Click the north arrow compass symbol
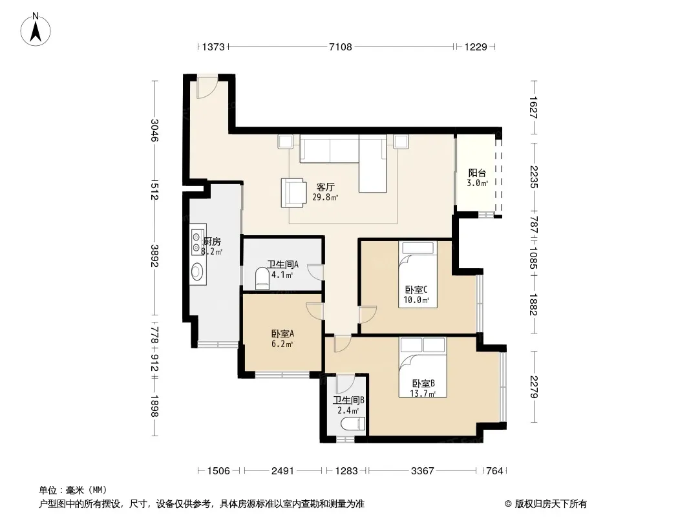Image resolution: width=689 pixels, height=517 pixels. [36, 30]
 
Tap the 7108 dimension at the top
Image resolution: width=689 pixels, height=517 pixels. [341, 47]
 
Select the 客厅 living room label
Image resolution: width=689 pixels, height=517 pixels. [325, 187]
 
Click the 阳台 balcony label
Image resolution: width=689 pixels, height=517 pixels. [477, 173]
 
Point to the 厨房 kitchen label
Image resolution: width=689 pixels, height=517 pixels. [212, 241]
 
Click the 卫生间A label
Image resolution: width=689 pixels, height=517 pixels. [283, 264]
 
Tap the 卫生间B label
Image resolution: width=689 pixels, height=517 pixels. [348, 400]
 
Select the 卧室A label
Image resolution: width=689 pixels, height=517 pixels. [282, 333]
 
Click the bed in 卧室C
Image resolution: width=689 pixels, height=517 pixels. [418, 274]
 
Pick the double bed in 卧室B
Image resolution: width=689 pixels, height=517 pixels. [423, 367]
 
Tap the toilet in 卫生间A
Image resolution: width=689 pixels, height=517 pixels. [262, 279]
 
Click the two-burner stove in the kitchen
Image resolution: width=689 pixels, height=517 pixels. [198, 239]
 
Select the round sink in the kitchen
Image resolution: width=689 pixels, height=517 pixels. [198, 271]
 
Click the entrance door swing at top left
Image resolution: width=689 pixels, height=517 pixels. [207, 87]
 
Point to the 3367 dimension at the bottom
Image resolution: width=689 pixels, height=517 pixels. [422, 471]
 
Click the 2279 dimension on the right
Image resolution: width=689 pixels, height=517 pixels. [534, 386]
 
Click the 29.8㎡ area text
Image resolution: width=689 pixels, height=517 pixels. [325, 197]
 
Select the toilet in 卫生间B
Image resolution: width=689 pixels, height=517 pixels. [354, 425]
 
